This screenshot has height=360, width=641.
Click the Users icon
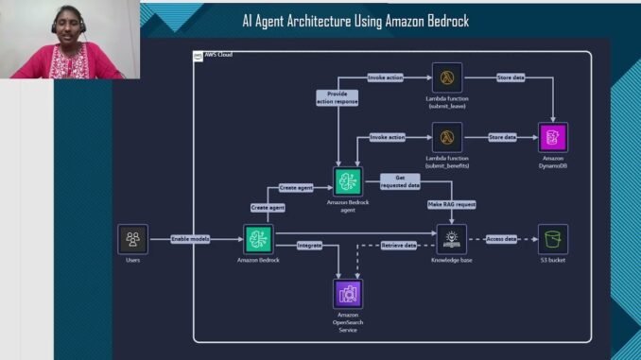point(132,239)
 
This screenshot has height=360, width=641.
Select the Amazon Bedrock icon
point(258,239)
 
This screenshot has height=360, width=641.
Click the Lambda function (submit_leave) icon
point(446,77)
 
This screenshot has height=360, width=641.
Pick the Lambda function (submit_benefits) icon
point(446,137)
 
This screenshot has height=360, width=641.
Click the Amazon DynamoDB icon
point(553,138)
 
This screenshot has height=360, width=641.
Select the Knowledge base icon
point(453,239)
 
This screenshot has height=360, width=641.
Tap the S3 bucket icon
point(553,239)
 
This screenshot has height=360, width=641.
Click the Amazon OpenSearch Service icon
point(349,294)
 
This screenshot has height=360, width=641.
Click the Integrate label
point(309,245)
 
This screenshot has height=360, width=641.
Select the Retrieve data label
point(399,245)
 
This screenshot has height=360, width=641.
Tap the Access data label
point(501,239)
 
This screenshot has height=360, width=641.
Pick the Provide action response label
point(338,97)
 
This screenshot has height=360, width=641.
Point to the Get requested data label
point(400,180)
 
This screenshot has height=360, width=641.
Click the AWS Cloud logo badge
point(199,56)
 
